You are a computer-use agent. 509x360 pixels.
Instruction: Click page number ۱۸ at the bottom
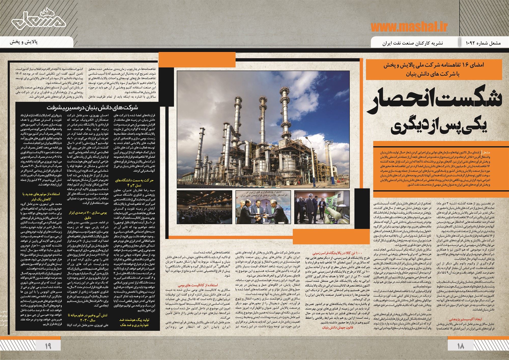pos(460,346)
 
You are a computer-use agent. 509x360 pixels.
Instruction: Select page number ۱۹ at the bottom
pos(48,346)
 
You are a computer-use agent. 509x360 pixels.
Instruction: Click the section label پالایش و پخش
pos(24,42)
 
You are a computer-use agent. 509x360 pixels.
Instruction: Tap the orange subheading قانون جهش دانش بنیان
pos(337,327)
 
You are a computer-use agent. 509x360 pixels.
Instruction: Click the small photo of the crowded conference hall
pos(204,207)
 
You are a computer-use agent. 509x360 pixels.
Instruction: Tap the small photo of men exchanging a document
pos(263,207)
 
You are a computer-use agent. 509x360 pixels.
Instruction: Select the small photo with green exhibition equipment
pos(322,207)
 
